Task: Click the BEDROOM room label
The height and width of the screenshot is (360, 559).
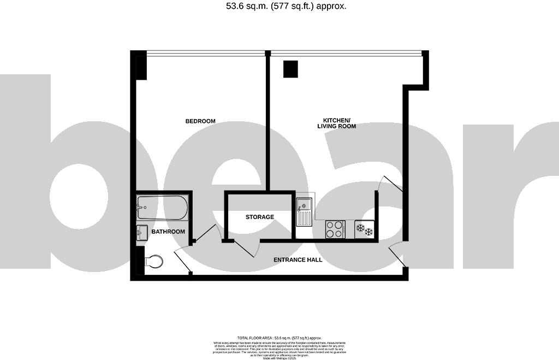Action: click(x=200, y=121)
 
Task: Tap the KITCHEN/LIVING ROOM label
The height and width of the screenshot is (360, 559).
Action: click(x=336, y=123)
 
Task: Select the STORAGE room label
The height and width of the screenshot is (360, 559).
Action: click(x=259, y=217)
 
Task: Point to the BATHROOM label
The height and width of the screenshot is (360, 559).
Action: click(x=168, y=232)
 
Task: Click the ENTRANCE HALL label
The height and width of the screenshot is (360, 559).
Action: click(x=298, y=259)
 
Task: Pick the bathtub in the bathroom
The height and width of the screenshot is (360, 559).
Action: click(x=162, y=207)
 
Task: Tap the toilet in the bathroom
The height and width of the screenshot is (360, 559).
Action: click(x=154, y=262)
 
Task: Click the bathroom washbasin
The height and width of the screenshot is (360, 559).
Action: click(x=141, y=232)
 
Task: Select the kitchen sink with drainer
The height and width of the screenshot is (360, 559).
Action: click(x=304, y=212)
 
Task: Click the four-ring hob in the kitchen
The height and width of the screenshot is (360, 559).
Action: click(x=335, y=229)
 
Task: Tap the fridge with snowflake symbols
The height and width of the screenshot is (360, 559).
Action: click(x=364, y=229)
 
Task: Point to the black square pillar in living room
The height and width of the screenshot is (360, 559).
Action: click(x=290, y=69)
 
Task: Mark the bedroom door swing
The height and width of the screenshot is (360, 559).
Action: click(x=206, y=233)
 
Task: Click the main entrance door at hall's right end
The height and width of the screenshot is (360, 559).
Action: click(x=397, y=256)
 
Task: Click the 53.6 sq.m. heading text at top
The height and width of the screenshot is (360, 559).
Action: click(x=279, y=7)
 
